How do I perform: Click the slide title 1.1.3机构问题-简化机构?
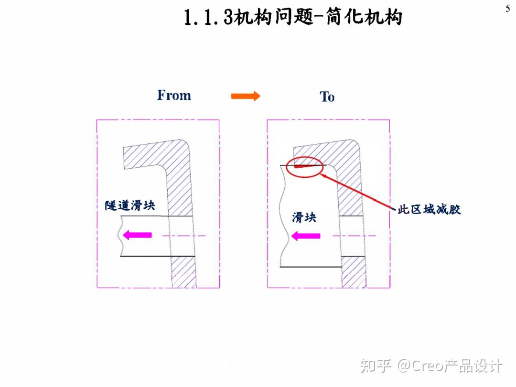[293, 18]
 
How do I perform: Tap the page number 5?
[507, 9]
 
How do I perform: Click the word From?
[174, 96]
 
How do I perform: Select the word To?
[327, 97]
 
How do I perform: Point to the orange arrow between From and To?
[246, 96]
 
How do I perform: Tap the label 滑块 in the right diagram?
[304, 217]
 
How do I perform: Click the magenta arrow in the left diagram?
[137, 235]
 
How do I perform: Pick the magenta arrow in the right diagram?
[306, 235]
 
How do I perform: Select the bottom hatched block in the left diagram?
[184, 272]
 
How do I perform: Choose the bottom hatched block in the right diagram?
[354, 272]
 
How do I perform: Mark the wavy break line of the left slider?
[119, 236]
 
